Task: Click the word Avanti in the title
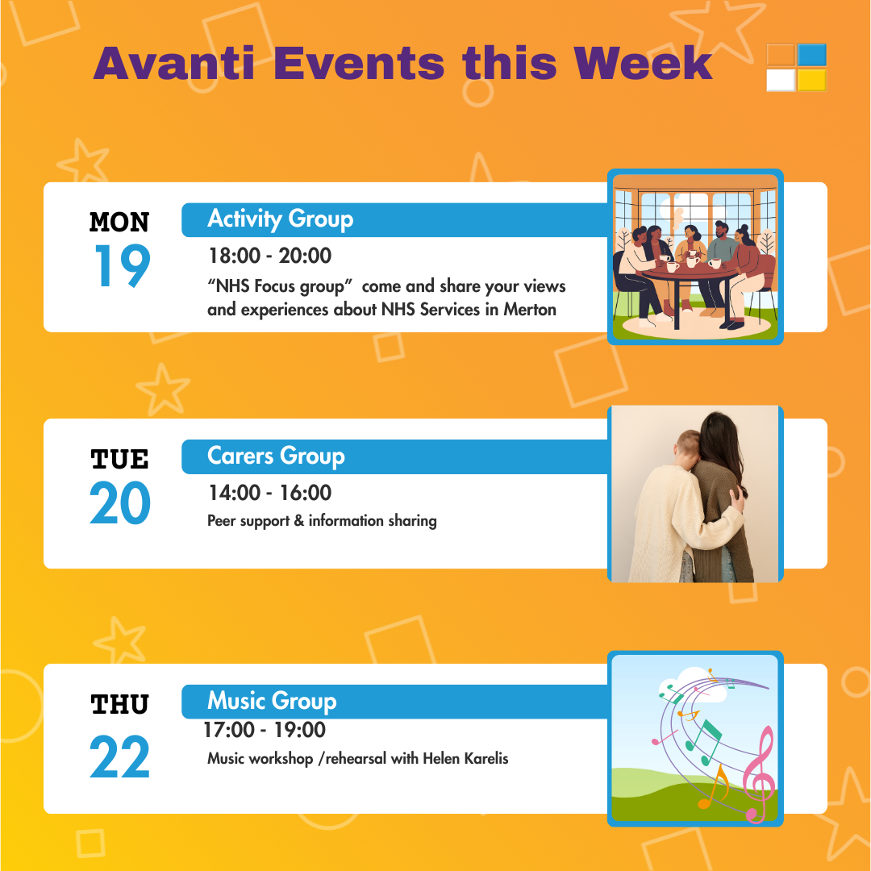174,64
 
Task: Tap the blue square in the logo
812,55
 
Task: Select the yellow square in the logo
812,80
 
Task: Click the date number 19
123,265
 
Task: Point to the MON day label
119,223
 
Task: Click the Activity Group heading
280,219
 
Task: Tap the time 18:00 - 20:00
270,256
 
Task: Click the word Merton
529,310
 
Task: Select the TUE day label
119,460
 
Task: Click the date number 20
120,502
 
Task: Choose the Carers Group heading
276,456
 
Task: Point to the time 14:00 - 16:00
270,493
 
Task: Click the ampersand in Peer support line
299,520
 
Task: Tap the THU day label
119,704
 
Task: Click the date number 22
119,756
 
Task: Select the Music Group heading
272,701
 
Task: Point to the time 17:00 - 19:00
265,730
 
